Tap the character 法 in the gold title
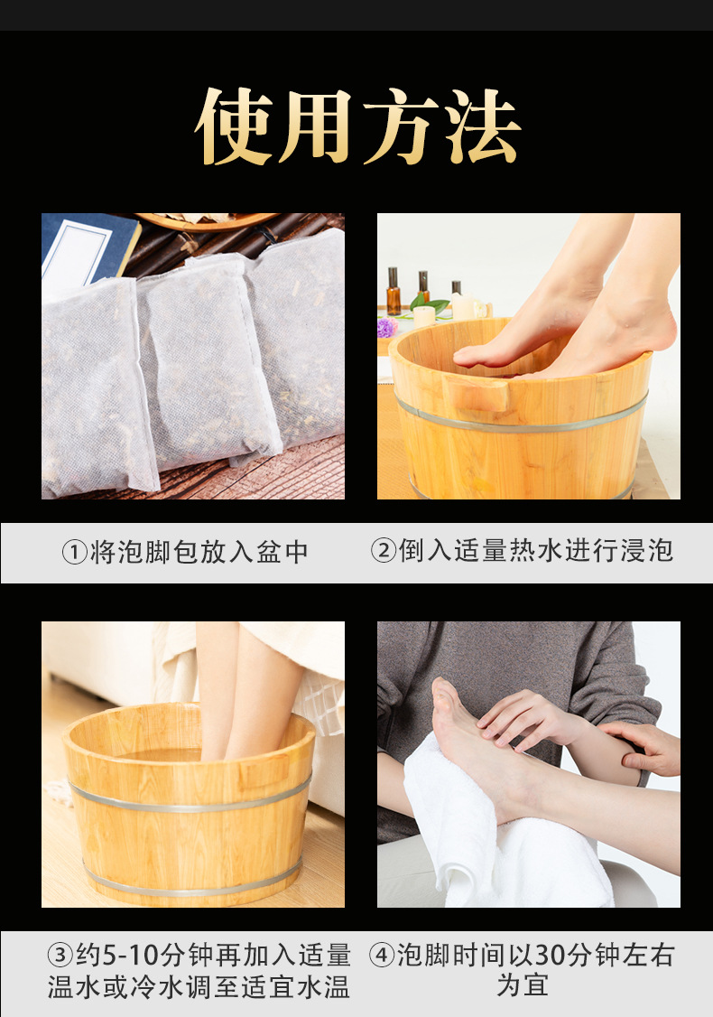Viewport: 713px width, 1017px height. tap(481, 126)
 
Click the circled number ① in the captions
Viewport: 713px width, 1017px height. tap(74, 552)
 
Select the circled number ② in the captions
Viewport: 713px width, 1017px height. tap(384, 550)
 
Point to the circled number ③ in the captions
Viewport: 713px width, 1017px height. tap(60, 956)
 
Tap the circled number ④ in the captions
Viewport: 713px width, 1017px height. tap(383, 956)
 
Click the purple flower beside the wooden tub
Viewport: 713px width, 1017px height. tap(386, 327)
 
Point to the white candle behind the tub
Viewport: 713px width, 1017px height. tap(424, 316)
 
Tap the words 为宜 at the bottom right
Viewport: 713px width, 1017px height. tap(523, 985)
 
